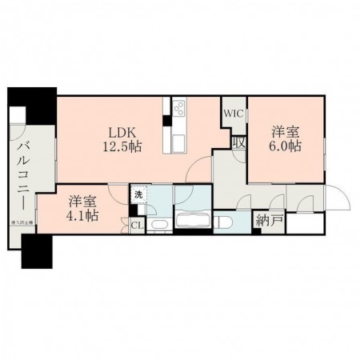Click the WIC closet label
[233, 114]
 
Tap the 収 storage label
[238, 142]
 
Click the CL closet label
[138, 226]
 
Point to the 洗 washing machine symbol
[138, 194]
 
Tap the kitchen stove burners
[178, 107]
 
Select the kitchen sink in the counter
[177, 141]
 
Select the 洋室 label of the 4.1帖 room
[82, 200]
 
